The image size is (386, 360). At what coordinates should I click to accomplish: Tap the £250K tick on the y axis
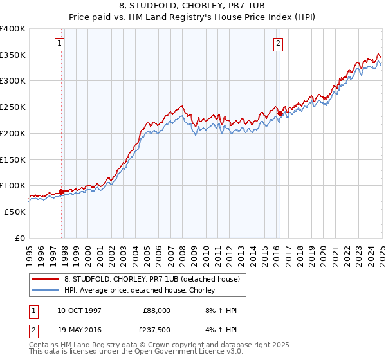[x=13, y=107]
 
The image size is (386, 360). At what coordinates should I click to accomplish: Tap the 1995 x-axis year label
[x=30, y=253]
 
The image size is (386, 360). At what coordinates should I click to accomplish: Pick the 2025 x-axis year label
[x=381, y=253]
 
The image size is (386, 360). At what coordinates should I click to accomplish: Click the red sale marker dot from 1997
[x=61, y=192]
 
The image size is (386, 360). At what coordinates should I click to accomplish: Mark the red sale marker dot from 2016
[x=280, y=113]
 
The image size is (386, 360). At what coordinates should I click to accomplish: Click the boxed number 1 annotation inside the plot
[x=59, y=44]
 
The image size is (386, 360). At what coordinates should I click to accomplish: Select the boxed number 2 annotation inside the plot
[x=278, y=44]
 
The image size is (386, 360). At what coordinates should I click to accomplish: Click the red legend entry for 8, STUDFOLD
[x=152, y=279]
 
